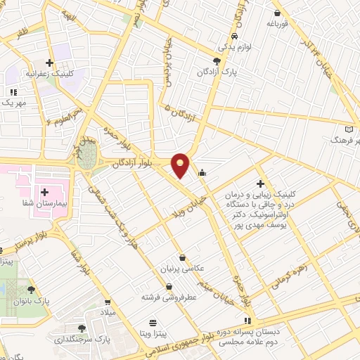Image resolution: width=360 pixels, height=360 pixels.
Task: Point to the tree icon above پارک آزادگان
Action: [x=217, y=62]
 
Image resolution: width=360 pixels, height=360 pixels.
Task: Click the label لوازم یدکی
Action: [x=231, y=46]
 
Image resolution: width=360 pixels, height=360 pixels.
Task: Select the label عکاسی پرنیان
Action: [x=183, y=269]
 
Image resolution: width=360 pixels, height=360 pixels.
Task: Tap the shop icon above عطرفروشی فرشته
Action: [x=169, y=286]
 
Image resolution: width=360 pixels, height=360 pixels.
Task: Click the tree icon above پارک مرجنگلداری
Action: [x=83, y=328]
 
